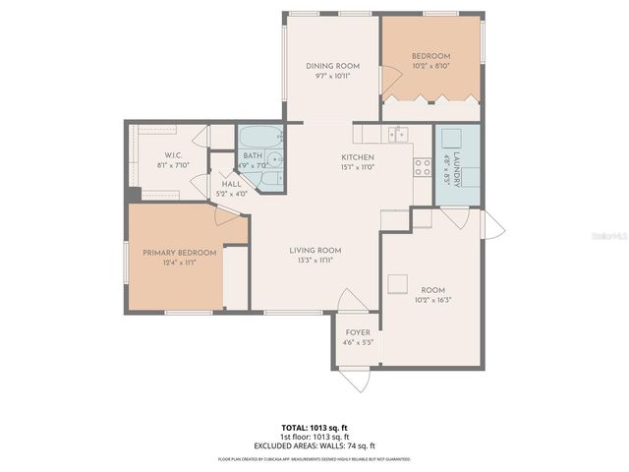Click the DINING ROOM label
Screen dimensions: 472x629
(331, 66)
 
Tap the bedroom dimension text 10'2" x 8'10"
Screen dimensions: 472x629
(430, 66)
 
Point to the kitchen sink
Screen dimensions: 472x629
(398, 135)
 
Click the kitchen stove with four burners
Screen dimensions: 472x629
(423, 167)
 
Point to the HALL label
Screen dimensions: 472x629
(232, 184)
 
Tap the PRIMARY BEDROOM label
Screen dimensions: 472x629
(179, 253)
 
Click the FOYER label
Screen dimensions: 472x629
(358, 332)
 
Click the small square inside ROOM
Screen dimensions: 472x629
(396, 283)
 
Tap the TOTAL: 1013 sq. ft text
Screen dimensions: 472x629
(314, 428)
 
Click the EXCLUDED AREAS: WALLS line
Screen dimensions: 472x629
(314, 444)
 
